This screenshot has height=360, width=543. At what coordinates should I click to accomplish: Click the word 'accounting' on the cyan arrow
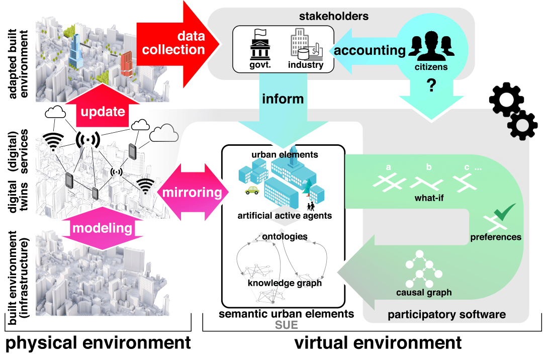tap(370, 50)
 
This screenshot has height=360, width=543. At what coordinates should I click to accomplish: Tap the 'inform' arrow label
tap(283, 99)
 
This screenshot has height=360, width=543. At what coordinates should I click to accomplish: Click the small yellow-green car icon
tap(251, 191)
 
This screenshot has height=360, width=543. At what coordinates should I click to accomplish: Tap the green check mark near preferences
tap(504, 212)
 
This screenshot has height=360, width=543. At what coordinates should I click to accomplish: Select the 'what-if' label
tap(429, 198)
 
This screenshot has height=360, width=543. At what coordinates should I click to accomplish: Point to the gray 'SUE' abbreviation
tap(286, 325)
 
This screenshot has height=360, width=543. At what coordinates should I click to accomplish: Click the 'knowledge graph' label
tap(285, 283)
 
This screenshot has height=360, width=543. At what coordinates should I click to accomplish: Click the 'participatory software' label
tap(446, 315)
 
